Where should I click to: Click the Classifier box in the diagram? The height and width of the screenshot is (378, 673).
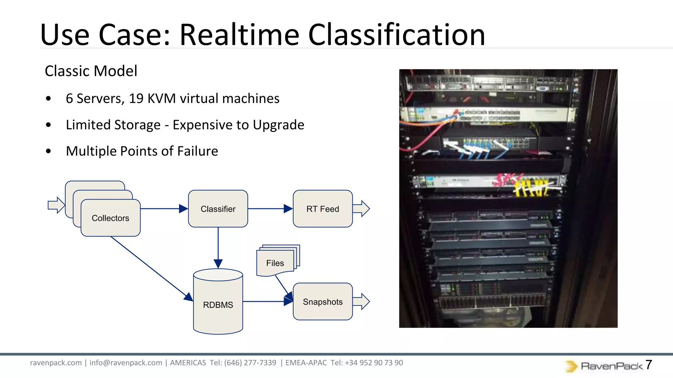click(x=218, y=209)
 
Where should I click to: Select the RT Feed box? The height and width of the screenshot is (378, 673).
click(x=322, y=209)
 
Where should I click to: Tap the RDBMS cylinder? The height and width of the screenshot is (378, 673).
click(x=218, y=304)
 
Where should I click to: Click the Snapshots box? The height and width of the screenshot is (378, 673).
click(x=322, y=302)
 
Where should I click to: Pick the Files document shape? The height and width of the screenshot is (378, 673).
click(x=275, y=263)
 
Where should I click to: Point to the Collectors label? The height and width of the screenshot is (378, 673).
click(x=110, y=218)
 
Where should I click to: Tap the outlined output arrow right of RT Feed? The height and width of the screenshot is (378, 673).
click(x=361, y=209)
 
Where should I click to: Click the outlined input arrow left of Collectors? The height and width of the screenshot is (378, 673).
click(x=56, y=205)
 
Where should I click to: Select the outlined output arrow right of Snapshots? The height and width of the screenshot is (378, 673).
click(x=361, y=302)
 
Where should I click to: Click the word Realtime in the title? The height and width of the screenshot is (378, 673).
click(x=239, y=35)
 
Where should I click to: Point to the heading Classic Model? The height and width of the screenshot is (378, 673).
click(x=91, y=71)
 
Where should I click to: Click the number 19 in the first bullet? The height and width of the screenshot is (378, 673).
click(x=136, y=98)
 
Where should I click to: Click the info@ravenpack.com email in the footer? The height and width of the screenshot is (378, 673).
click(x=126, y=363)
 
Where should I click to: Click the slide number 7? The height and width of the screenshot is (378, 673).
click(x=648, y=365)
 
